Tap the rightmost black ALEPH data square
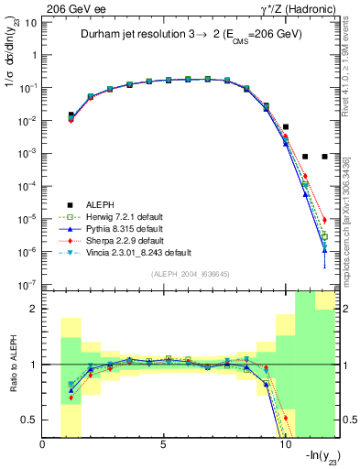[325, 157]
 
